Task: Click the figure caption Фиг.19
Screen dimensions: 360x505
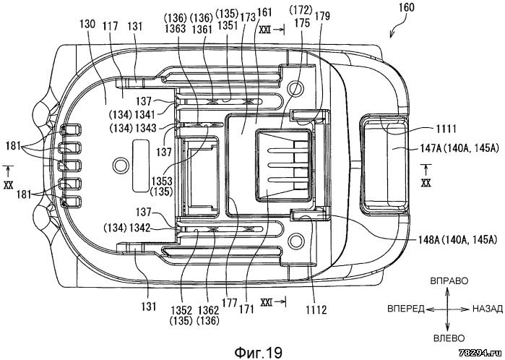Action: click(257, 351)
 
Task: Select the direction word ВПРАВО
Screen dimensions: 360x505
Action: click(449, 279)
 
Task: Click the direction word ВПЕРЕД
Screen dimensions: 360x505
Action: click(406, 307)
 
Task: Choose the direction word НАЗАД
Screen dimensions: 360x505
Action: click(487, 307)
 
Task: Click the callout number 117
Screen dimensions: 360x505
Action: click(110, 25)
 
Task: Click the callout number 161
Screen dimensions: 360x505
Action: click(265, 13)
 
